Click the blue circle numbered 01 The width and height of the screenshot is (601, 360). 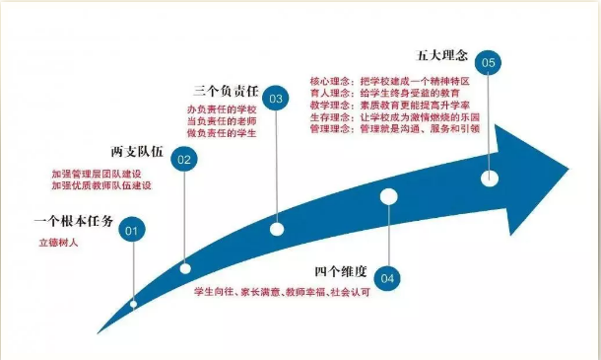point(132,231)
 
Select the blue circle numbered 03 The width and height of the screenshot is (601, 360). point(277,99)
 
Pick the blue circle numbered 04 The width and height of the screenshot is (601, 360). point(388,278)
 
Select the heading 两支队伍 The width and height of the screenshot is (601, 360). point(137,151)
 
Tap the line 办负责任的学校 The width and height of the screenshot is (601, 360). point(220,108)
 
